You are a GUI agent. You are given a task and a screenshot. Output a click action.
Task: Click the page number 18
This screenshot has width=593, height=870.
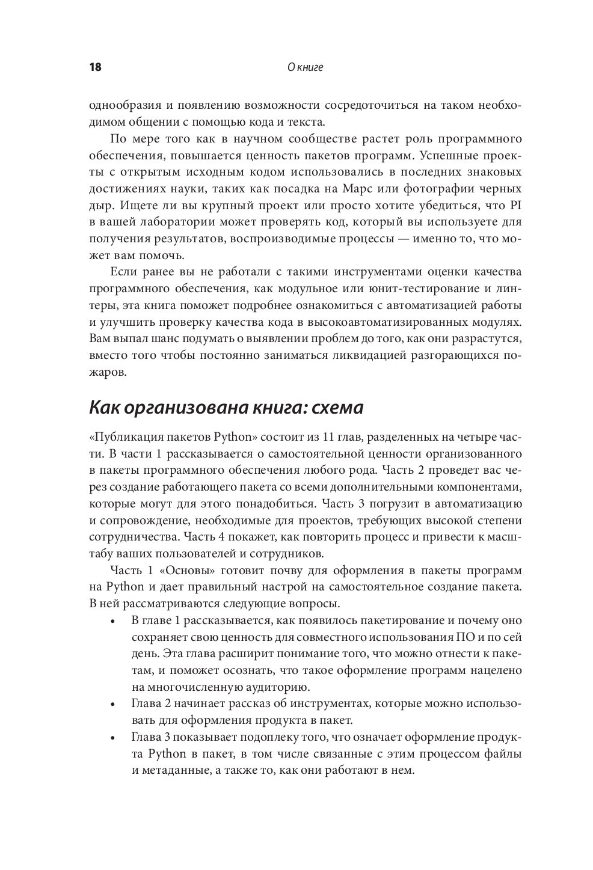pos(95,67)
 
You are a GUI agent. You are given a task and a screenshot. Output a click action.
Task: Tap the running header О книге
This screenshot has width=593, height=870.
pos(306,67)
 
